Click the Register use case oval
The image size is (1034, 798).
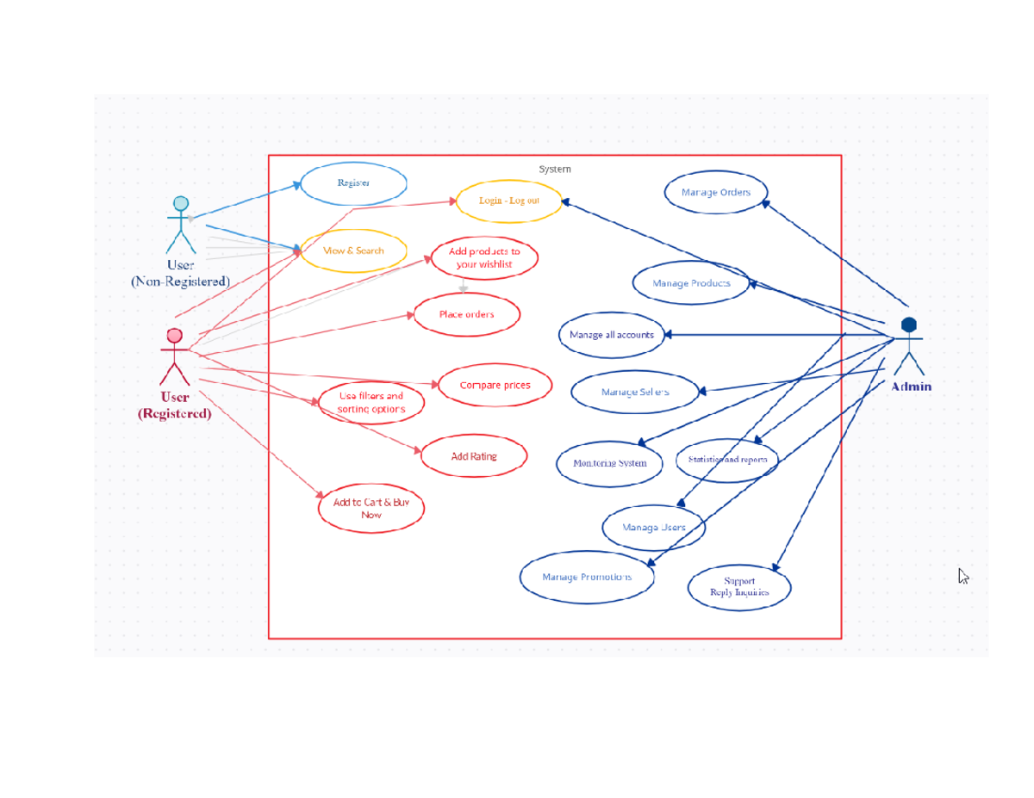click(353, 183)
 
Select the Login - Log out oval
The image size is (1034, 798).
click(509, 201)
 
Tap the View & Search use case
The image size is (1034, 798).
click(353, 251)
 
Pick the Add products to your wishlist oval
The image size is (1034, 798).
click(484, 258)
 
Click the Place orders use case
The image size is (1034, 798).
click(467, 314)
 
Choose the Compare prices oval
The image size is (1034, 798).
click(495, 386)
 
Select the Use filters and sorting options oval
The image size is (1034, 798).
click(371, 402)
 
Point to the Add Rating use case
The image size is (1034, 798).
click(474, 456)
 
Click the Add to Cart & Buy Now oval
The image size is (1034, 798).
click(371, 508)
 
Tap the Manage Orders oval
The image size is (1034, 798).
click(716, 192)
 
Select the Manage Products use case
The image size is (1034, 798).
click(691, 283)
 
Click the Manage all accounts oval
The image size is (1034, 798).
click(612, 335)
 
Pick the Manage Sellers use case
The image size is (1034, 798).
click(635, 392)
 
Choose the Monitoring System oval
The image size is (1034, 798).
click(610, 463)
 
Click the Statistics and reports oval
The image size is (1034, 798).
click(726, 460)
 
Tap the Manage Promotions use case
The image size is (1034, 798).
click(587, 577)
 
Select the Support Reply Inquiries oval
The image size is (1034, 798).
click(739, 587)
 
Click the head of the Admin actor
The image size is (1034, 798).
click(908, 325)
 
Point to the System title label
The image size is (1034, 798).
click(555, 170)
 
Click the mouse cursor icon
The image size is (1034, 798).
click(963, 577)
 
